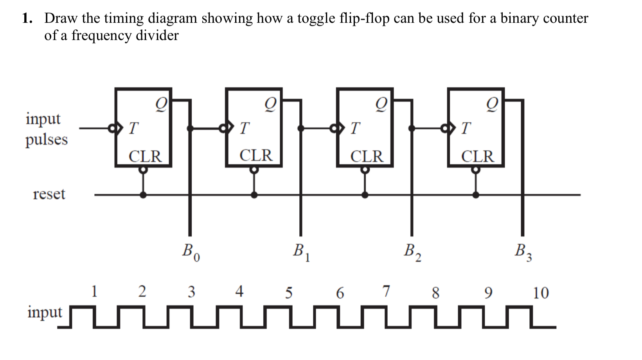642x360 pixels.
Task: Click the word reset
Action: pyautogui.click(x=49, y=194)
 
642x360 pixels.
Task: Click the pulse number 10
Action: pyautogui.click(x=541, y=293)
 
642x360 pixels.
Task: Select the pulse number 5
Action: pyautogui.click(x=288, y=292)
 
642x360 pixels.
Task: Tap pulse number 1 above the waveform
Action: pyautogui.click(x=94, y=291)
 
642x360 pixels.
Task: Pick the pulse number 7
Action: pyautogui.click(x=386, y=291)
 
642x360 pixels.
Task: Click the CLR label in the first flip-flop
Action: pyautogui.click(x=145, y=156)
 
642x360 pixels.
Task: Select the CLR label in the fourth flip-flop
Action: pyautogui.click(x=478, y=156)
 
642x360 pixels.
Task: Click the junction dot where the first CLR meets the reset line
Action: pyautogui.click(x=144, y=194)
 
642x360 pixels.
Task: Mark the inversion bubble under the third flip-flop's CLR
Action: pyautogui.click(x=365, y=170)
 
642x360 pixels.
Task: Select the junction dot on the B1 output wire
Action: pyautogui.click(x=300, y=128)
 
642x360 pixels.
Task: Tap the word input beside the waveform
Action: pyautogui.click(x=45, y=312)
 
